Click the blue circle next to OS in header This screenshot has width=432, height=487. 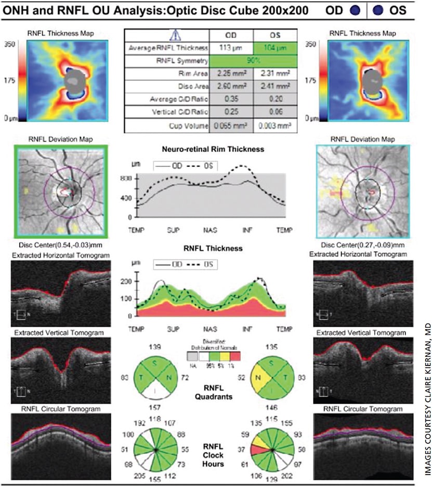pos(376,10)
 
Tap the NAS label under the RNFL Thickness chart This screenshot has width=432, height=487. pos(211,329)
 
